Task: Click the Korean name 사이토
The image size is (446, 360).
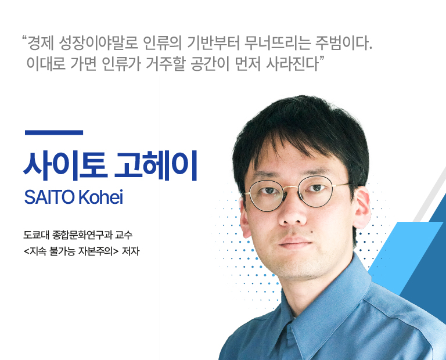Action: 66,166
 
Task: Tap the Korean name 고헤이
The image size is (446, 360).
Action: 156,166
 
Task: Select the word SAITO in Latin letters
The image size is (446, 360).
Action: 49,197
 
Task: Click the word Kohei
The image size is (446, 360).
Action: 100,196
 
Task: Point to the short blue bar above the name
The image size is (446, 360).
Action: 54,132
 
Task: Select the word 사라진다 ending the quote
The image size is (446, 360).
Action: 293,64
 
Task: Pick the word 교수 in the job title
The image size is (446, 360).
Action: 124,235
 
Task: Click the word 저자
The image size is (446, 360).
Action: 131,251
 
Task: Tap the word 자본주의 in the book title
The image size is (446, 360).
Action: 95,251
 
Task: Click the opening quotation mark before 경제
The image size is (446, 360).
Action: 24,38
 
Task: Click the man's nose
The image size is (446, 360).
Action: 292,212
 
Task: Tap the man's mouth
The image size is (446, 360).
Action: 295,243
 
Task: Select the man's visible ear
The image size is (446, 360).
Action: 361,207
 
